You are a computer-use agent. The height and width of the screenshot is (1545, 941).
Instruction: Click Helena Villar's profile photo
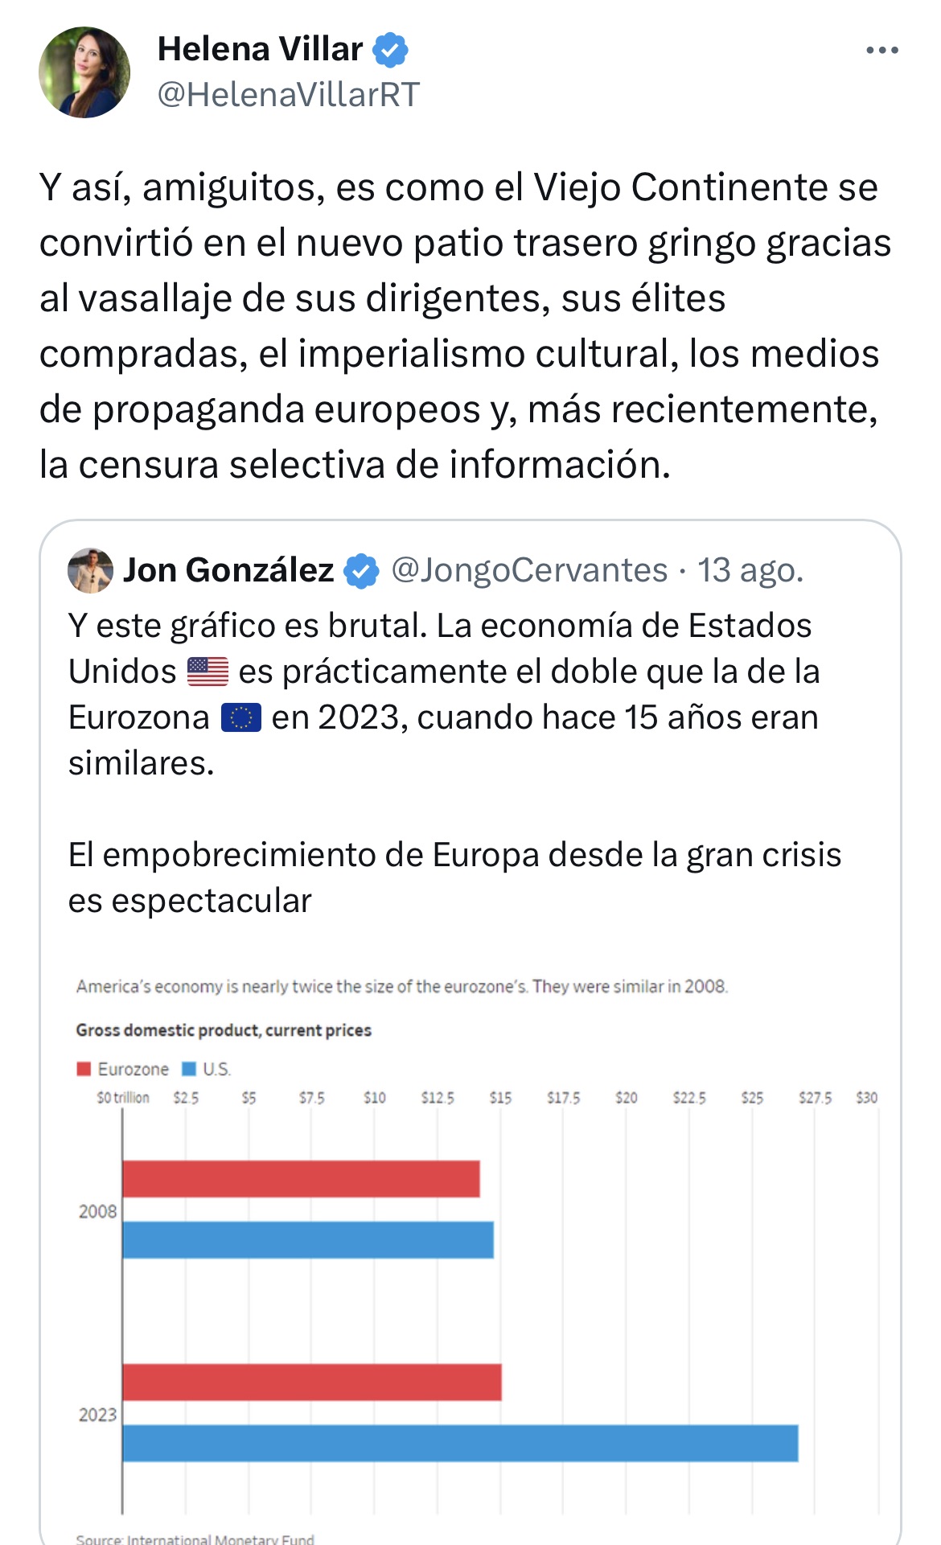[84, 72]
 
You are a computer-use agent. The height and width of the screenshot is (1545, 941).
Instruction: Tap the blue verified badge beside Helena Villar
[390, 50]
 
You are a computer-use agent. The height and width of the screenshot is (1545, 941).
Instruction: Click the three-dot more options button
[881, 50]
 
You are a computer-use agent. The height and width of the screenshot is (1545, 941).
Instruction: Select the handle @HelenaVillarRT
[289, 95]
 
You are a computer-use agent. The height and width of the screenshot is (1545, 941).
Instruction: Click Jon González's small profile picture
[90, 571]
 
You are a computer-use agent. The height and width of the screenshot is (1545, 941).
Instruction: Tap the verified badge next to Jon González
[361, 571]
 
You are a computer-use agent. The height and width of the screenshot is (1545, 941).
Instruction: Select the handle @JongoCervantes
[529, 570]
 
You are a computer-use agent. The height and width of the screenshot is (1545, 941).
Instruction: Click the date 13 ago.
[750, 570]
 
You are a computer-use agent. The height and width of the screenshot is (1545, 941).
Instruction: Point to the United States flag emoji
[208, 672]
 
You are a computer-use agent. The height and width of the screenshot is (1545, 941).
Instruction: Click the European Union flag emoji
[241, 717]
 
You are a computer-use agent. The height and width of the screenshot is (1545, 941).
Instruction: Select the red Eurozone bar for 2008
[301, 1178]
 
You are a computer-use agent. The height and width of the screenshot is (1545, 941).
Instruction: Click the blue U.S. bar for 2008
[308, 1239]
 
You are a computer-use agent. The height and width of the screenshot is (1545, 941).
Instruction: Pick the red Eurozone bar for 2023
[311, 1382]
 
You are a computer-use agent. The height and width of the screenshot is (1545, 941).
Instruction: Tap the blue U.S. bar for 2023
[460, 1443]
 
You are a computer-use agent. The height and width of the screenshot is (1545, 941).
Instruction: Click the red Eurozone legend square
[84, 1069]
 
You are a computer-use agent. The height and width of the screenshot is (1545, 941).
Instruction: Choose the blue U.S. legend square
[189, 1069]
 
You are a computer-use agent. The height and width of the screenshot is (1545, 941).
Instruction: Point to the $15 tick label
[500, 1098]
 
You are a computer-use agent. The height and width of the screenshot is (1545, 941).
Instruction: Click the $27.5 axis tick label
[815, 1098]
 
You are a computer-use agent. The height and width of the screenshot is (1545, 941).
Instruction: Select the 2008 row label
[97, 1211]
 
